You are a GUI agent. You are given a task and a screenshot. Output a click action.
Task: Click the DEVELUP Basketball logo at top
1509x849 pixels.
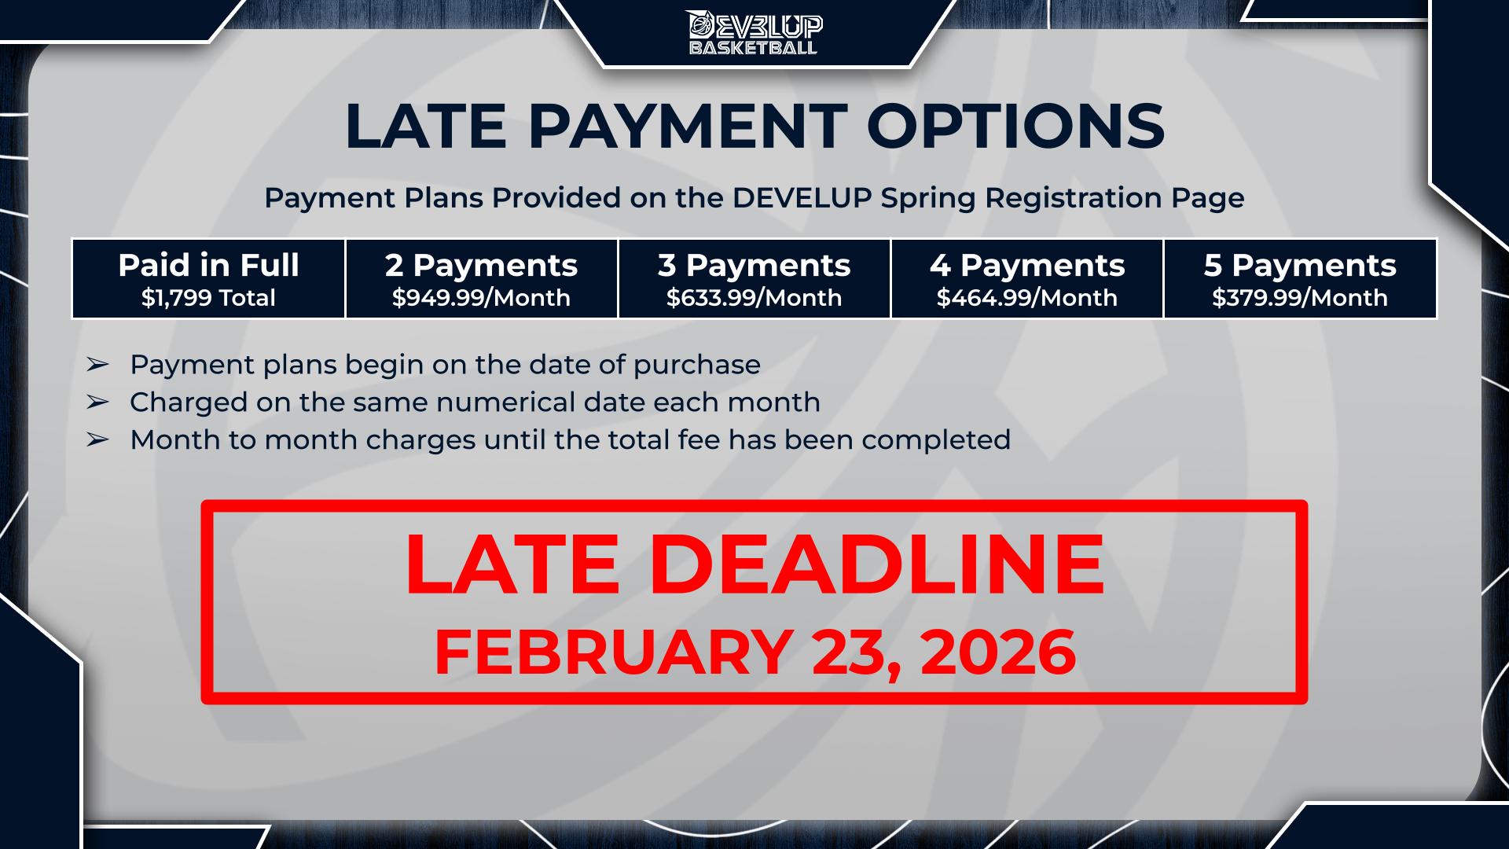[754, 32]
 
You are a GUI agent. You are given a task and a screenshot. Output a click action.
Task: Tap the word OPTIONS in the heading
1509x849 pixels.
[1015, 125]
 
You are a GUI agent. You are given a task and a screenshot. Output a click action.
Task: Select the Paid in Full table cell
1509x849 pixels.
[208, 279]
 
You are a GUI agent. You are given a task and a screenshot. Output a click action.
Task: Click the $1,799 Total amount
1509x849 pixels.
[208, 298]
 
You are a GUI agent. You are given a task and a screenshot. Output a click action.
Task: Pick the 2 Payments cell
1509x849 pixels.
[482, 279]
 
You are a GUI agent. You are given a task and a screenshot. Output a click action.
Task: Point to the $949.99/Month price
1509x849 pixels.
[481, 298]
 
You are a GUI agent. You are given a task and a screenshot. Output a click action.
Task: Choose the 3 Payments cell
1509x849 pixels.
[754, 279]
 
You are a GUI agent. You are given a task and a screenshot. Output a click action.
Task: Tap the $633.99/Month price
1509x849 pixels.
[754, 298]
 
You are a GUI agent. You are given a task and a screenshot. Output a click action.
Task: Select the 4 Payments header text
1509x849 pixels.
[1027, 266]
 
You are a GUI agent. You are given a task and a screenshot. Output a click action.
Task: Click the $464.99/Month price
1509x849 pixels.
[1027, 298]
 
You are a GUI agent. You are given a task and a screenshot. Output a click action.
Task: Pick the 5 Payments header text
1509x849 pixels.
[1300, 266]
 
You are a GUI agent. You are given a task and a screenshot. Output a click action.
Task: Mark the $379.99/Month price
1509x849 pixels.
[1300, 298]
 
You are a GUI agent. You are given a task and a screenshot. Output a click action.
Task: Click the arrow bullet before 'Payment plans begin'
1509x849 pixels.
[97, 365]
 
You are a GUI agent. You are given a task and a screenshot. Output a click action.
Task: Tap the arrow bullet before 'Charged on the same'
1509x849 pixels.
[97, 402]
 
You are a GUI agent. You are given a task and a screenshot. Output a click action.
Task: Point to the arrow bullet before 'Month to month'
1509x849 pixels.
[97, 440]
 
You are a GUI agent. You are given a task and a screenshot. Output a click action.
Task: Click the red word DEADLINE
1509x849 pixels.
[877, 564]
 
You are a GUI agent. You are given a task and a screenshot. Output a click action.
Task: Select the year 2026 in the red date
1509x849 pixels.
[997, 652]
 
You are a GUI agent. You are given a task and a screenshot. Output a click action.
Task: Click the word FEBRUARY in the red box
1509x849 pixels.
[613, 652]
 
